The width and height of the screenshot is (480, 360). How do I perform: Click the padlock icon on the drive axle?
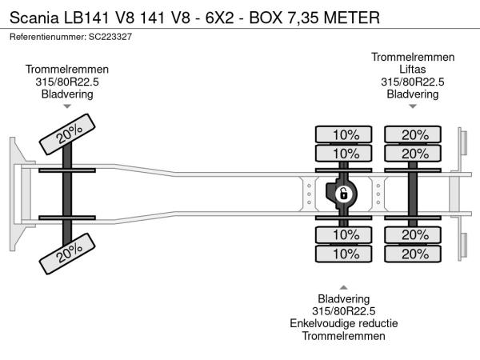point(342,194)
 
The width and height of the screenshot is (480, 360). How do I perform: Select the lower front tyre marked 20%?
point(68,251)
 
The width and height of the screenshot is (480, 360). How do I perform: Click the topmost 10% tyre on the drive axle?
point(346,134)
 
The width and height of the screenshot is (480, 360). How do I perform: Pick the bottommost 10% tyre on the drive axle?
point(346,254)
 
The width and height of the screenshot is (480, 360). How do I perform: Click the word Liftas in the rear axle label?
point(412,70)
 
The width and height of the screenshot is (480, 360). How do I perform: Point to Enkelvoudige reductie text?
point(344,324)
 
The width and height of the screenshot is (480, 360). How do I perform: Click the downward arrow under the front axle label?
point(67,106)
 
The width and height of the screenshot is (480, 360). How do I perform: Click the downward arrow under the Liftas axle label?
point(412,106)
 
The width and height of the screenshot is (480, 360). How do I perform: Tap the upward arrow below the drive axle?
point(344,286)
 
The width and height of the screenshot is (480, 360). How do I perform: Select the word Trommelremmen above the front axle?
point(67,70)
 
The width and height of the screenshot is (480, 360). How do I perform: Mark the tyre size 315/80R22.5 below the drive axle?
point(344,311)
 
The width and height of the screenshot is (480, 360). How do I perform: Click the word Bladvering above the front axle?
point(67,94)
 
